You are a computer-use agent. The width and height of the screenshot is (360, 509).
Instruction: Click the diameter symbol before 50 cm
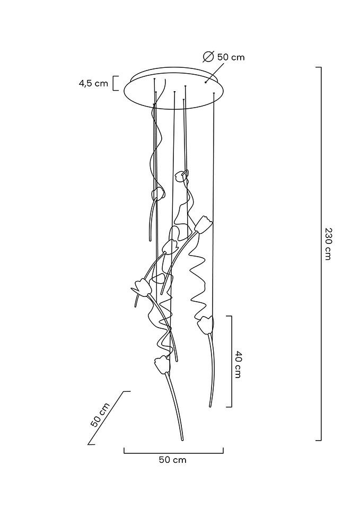pos(208,57)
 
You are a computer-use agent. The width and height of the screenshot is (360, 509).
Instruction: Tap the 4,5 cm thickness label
pos(93,83)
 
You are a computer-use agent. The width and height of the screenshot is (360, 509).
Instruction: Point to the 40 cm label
pos(238,364)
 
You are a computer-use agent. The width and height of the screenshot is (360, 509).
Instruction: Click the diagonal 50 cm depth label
pos(100,415)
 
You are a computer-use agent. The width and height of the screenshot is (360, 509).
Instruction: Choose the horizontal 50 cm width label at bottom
pos(173,460)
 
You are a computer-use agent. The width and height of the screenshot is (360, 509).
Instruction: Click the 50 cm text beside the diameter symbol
pos(231,57)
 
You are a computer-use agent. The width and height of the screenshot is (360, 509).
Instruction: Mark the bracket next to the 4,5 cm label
pos(116,83)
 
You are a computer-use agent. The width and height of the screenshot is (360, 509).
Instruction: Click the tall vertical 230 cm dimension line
pos(321,254)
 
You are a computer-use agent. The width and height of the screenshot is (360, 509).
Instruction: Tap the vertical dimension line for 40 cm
pos(231,361)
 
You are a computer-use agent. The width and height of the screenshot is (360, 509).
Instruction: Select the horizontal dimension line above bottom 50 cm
pos(174,452)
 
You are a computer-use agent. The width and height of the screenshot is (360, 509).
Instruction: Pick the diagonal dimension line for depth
pos(109,418)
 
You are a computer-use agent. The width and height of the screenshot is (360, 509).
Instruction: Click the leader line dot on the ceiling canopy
pos(206,83)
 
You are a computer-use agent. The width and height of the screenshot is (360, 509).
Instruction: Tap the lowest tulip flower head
pos(162,364)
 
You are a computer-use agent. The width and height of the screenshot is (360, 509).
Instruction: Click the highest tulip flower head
pos(180,176)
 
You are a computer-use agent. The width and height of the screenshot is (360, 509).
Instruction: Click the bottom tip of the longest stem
pos(182,440)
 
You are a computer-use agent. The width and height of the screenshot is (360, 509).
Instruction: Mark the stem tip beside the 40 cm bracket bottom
pos(210,406)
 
